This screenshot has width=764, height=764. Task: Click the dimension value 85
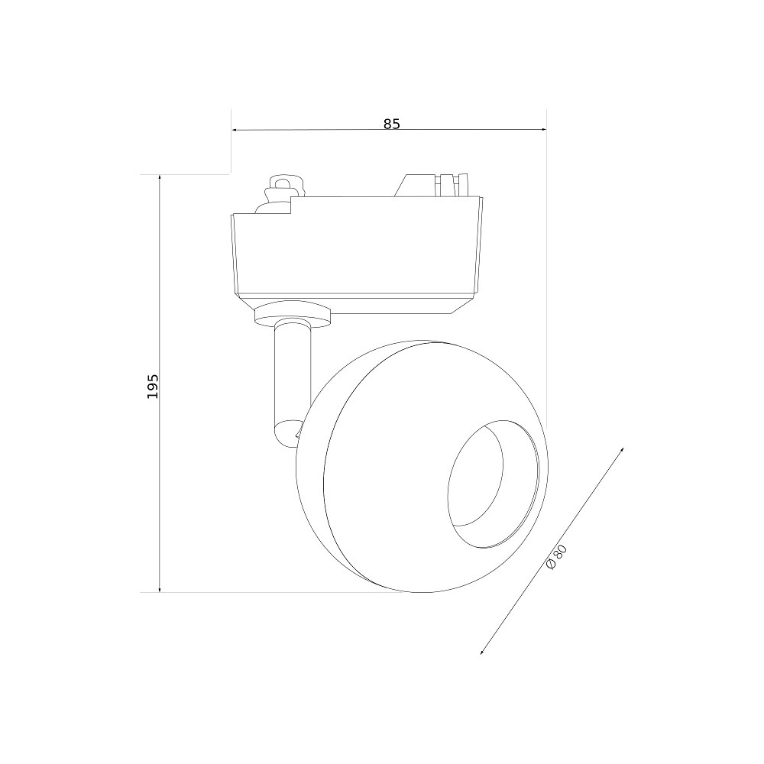point(391,125)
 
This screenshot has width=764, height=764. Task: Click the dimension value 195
point(153,387)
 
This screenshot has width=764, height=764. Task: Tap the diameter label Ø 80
point(556,557)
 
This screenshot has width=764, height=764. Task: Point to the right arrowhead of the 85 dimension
point(543,130)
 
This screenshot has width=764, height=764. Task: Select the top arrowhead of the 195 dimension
point(160,178)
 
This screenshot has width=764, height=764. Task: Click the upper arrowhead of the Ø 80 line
point(622,450)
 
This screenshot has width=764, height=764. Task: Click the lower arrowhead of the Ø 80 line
point(483,651)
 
